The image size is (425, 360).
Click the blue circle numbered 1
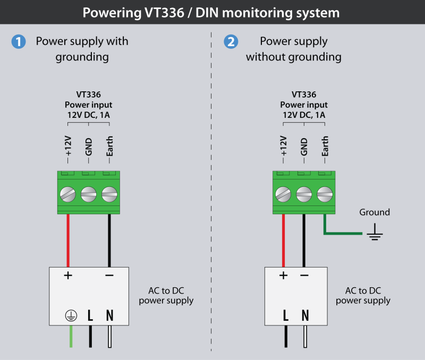(x=19, y=42)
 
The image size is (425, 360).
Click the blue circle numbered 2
(x=230, y=42)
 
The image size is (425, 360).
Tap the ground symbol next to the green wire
(x=375, y=232)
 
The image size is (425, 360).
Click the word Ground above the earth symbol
(x=375, y=212)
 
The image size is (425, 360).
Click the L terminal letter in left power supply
(x=90, y=315)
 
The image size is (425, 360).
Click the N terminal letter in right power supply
(x=305, y=315)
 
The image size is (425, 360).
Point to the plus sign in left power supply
(x=69, y=276)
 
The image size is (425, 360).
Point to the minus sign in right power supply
(x=304, y=276)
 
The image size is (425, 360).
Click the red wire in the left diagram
(x=69, y=239)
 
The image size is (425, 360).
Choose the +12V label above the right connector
(x=283, y=147)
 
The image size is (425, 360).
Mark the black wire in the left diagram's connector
(x=109, y=239)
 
